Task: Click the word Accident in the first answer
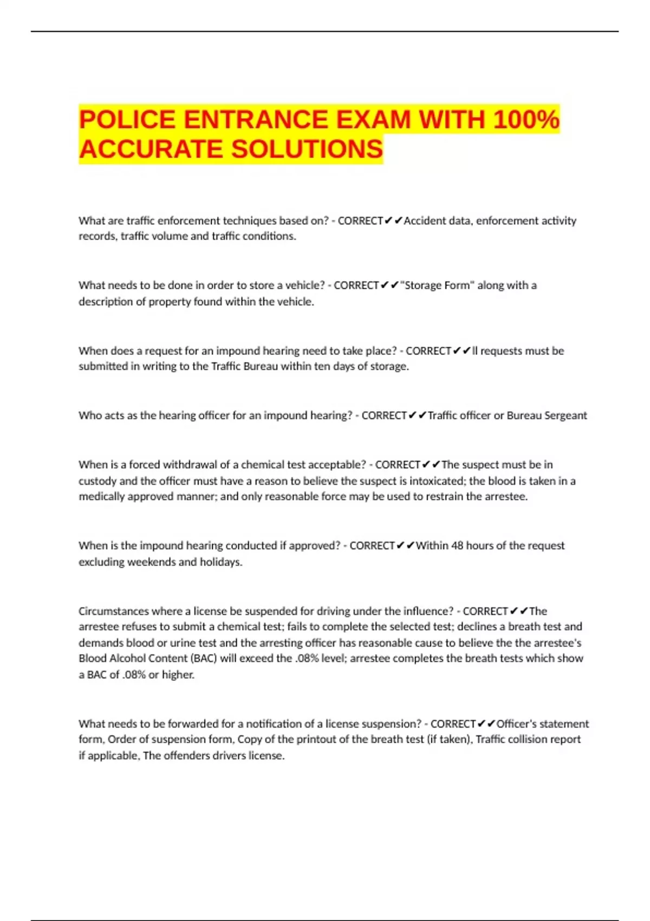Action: coord(425,220)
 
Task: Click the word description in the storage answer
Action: coord(106,302)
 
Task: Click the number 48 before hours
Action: coord(457,546)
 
